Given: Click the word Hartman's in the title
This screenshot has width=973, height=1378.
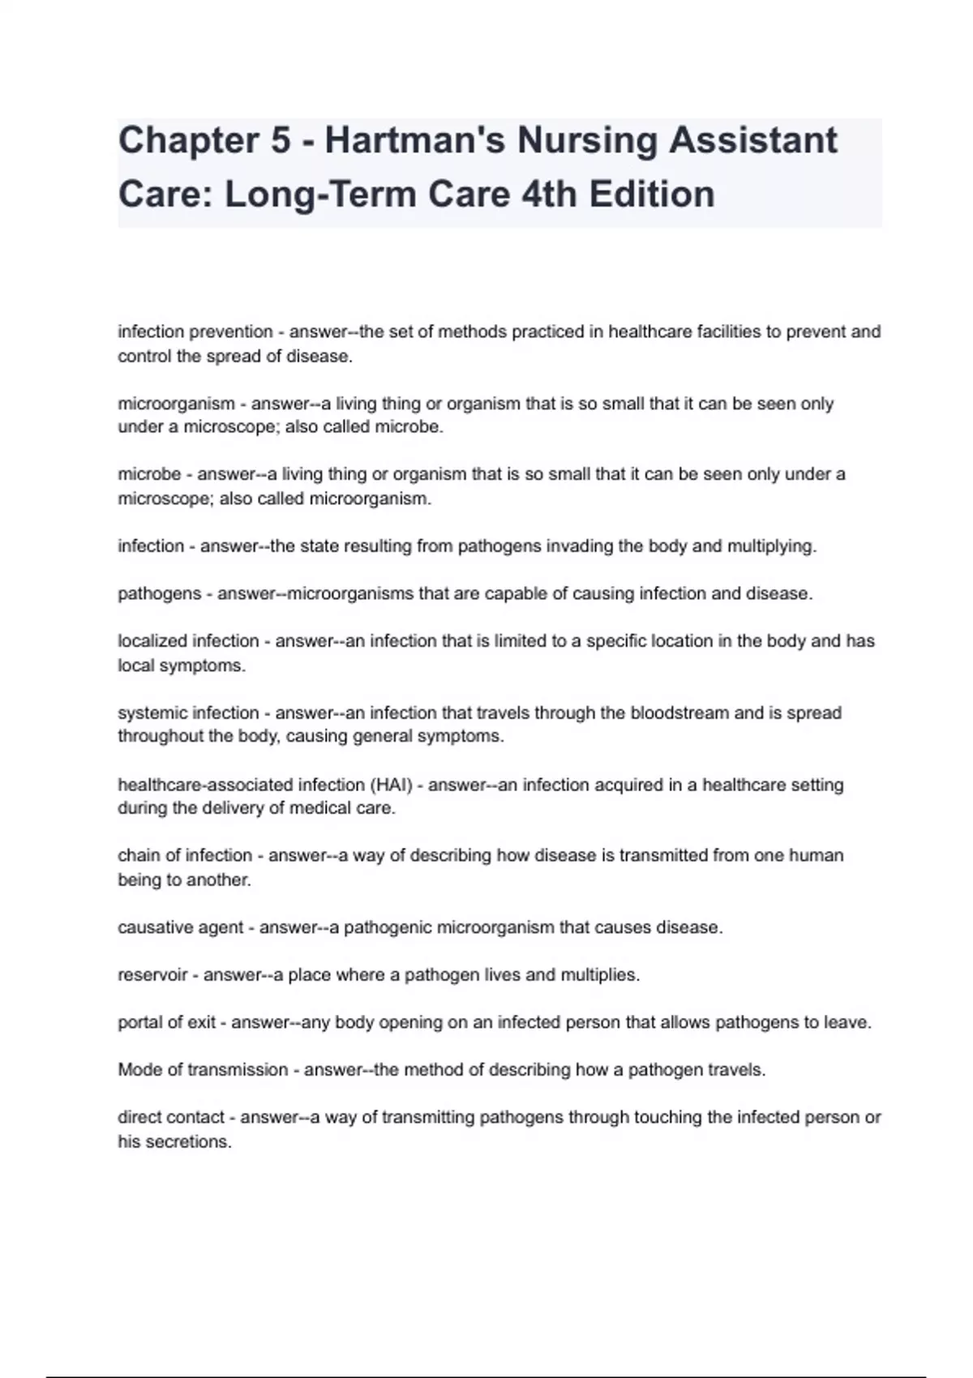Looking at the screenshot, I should tap(415, 140).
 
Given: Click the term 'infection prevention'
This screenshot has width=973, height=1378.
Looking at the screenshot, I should tap(195, 332).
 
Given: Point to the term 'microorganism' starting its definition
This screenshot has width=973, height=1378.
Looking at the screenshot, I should tap(176, 404).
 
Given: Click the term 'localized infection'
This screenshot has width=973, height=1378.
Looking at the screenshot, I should tap(188, 641).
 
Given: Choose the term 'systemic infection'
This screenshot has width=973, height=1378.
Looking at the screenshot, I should tap(188, 713).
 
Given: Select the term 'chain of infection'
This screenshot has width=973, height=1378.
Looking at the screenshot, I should tap(185, 856).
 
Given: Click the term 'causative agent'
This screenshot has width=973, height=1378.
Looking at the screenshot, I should tap(180, 927).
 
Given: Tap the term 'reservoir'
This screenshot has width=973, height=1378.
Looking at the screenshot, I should tap(152, 975).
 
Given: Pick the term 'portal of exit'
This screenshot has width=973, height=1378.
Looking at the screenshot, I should tap(166, 1023).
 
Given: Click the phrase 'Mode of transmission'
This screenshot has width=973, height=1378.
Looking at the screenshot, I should tap(203, 1070).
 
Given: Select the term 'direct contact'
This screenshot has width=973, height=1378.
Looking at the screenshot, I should tap(170, 1118).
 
